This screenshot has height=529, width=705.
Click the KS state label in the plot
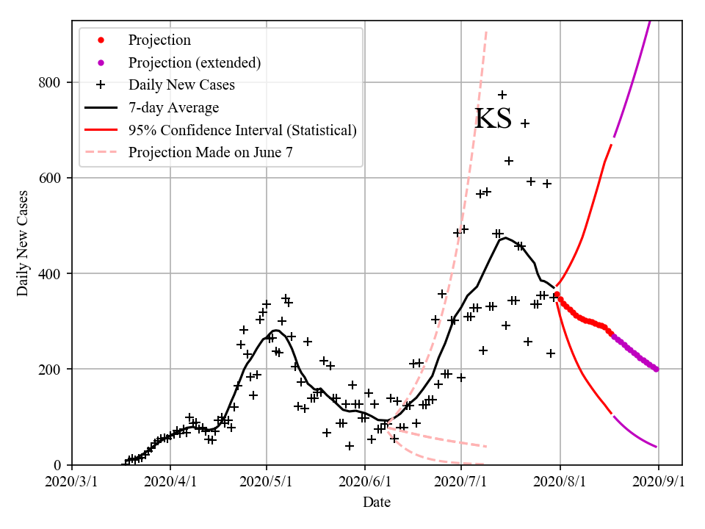point(493,119)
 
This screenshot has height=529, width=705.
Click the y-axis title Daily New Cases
point(23,243)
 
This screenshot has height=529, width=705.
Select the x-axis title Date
point(376,503)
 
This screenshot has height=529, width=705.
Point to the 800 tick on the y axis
point(50,82)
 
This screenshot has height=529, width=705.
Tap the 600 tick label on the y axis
point(50,178)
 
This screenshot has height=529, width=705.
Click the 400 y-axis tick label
point(50,273)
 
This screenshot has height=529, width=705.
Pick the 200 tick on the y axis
point(50,369)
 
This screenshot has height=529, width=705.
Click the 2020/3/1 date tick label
point(72,482)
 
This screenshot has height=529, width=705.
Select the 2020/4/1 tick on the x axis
point(170,482)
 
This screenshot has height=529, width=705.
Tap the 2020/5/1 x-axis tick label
point(267,482)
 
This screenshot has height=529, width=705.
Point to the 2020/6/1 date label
point(365,482)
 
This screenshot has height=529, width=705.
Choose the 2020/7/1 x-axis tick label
point(460,482)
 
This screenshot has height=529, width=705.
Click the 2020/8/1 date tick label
point(560,482)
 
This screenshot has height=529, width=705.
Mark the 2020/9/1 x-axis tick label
point(658,482)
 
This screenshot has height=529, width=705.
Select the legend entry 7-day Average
point(173,108)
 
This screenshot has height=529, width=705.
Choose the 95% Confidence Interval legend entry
point(242,131)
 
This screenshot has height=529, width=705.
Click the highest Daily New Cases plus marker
point(502,95)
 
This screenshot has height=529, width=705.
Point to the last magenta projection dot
point(656,369)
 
